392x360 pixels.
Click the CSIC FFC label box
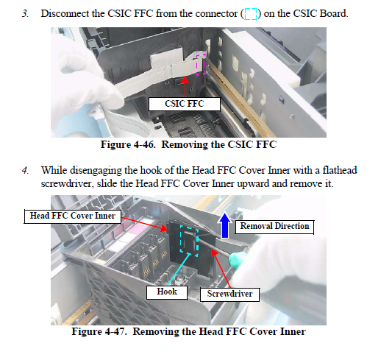click(185, 104)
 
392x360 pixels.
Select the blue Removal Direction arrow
click(225, 225)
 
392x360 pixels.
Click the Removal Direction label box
click(274, 227)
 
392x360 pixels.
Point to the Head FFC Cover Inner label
click(73, 216)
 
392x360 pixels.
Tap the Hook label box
click(167, 292)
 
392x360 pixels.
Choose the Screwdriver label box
click(229, 294)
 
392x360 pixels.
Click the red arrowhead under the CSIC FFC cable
click(185, 80)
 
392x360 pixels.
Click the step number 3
click(25, 13)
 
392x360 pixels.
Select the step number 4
click(25, 170)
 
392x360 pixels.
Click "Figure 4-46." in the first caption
click(128, 144)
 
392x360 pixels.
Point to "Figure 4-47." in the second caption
click(99, 331)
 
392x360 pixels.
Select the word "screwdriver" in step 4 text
click(67, 184)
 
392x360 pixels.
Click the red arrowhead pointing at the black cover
click(164, 228)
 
